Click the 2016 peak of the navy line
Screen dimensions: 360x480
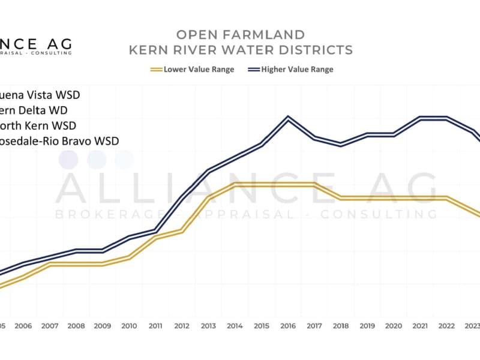(288, 118)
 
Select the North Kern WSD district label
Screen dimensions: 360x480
(42, 125)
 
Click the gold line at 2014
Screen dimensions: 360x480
(235, 184)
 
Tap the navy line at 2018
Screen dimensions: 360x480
(341, 145)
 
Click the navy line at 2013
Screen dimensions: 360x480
(208, 172)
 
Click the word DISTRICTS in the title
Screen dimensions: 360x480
(312, 49)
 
